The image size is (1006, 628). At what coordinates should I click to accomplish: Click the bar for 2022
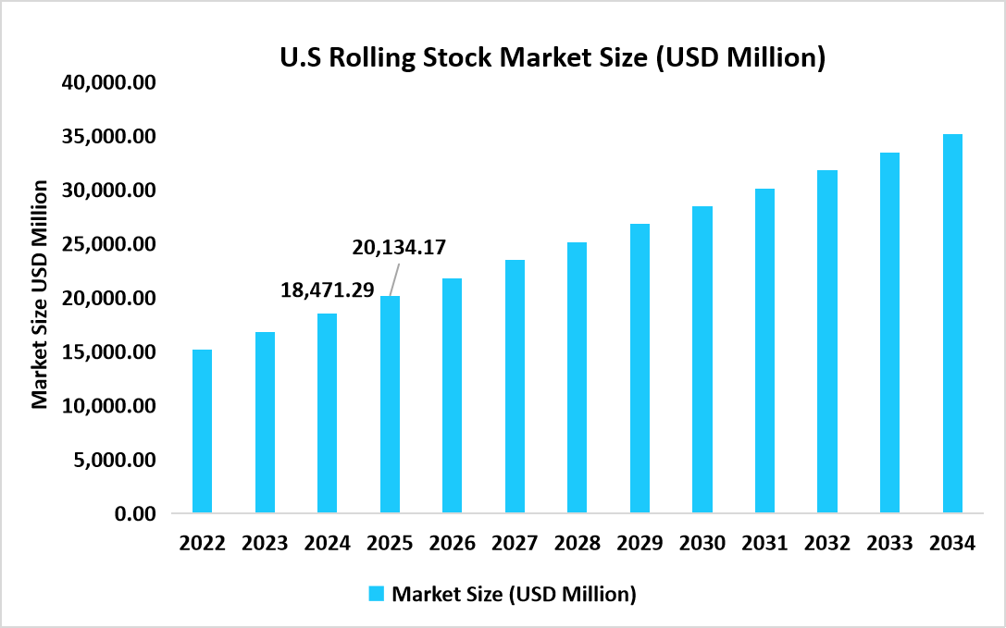click(x=202, y=431)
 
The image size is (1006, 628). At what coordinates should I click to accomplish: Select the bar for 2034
click(x=952, y=324)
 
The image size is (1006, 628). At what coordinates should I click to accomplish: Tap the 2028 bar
click(x=577, y=377)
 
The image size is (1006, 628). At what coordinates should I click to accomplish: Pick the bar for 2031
click(x=764, y=351)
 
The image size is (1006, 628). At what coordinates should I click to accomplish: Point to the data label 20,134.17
click(x=399, y=248)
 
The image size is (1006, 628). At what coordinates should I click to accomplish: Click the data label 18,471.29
click(x=327, y=290)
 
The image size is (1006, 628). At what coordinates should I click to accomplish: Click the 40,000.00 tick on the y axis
click(x=110, y=83)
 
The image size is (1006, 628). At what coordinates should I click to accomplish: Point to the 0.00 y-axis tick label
click(x=135, y=513)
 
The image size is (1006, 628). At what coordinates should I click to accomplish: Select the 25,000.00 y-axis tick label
click(x=110, y=245)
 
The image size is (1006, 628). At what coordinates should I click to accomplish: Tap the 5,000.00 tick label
click(x=116, y=460)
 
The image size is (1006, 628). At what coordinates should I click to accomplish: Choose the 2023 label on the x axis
click(x=265, y=544)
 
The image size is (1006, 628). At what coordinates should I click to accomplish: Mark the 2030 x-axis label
click(x=702, y=544)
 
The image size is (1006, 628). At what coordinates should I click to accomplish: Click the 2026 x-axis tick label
click(x=452, y=544)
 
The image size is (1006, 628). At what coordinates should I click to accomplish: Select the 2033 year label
click(x=889, y=544)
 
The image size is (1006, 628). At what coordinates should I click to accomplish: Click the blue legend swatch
click(x=377, y=594)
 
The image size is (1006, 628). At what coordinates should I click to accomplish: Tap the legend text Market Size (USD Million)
click(x=514, y=594)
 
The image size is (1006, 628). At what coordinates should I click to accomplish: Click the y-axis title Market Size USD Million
click(x=40, y=294)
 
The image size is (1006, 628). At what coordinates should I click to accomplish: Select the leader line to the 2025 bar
click(x=393, y=277)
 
